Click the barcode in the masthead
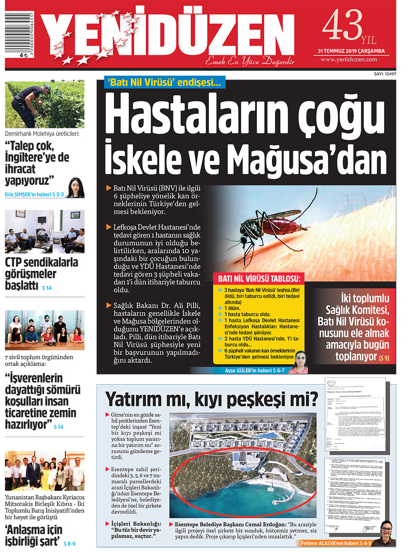pos(19,32)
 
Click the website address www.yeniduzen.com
pos(349,59)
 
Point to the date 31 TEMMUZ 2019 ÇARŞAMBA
pos(351,51)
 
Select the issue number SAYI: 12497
pos(385,74)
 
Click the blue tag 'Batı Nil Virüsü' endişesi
pos(164,82)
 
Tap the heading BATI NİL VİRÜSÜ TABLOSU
pos(259,278)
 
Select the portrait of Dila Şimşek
pos(76,188)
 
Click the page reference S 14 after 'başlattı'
pos(47,288)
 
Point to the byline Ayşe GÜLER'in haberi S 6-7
pos(255,370)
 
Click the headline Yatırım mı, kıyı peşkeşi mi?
pos(211,399)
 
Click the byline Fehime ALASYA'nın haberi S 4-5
pos(336,543)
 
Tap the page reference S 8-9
pos(69,544)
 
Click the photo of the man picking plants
pos(44,104)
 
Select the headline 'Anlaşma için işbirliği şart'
pos(34,535)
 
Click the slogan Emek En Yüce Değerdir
pos(250,61)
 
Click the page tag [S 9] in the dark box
pos(384,358)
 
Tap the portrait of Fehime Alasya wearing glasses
pos(387,533)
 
